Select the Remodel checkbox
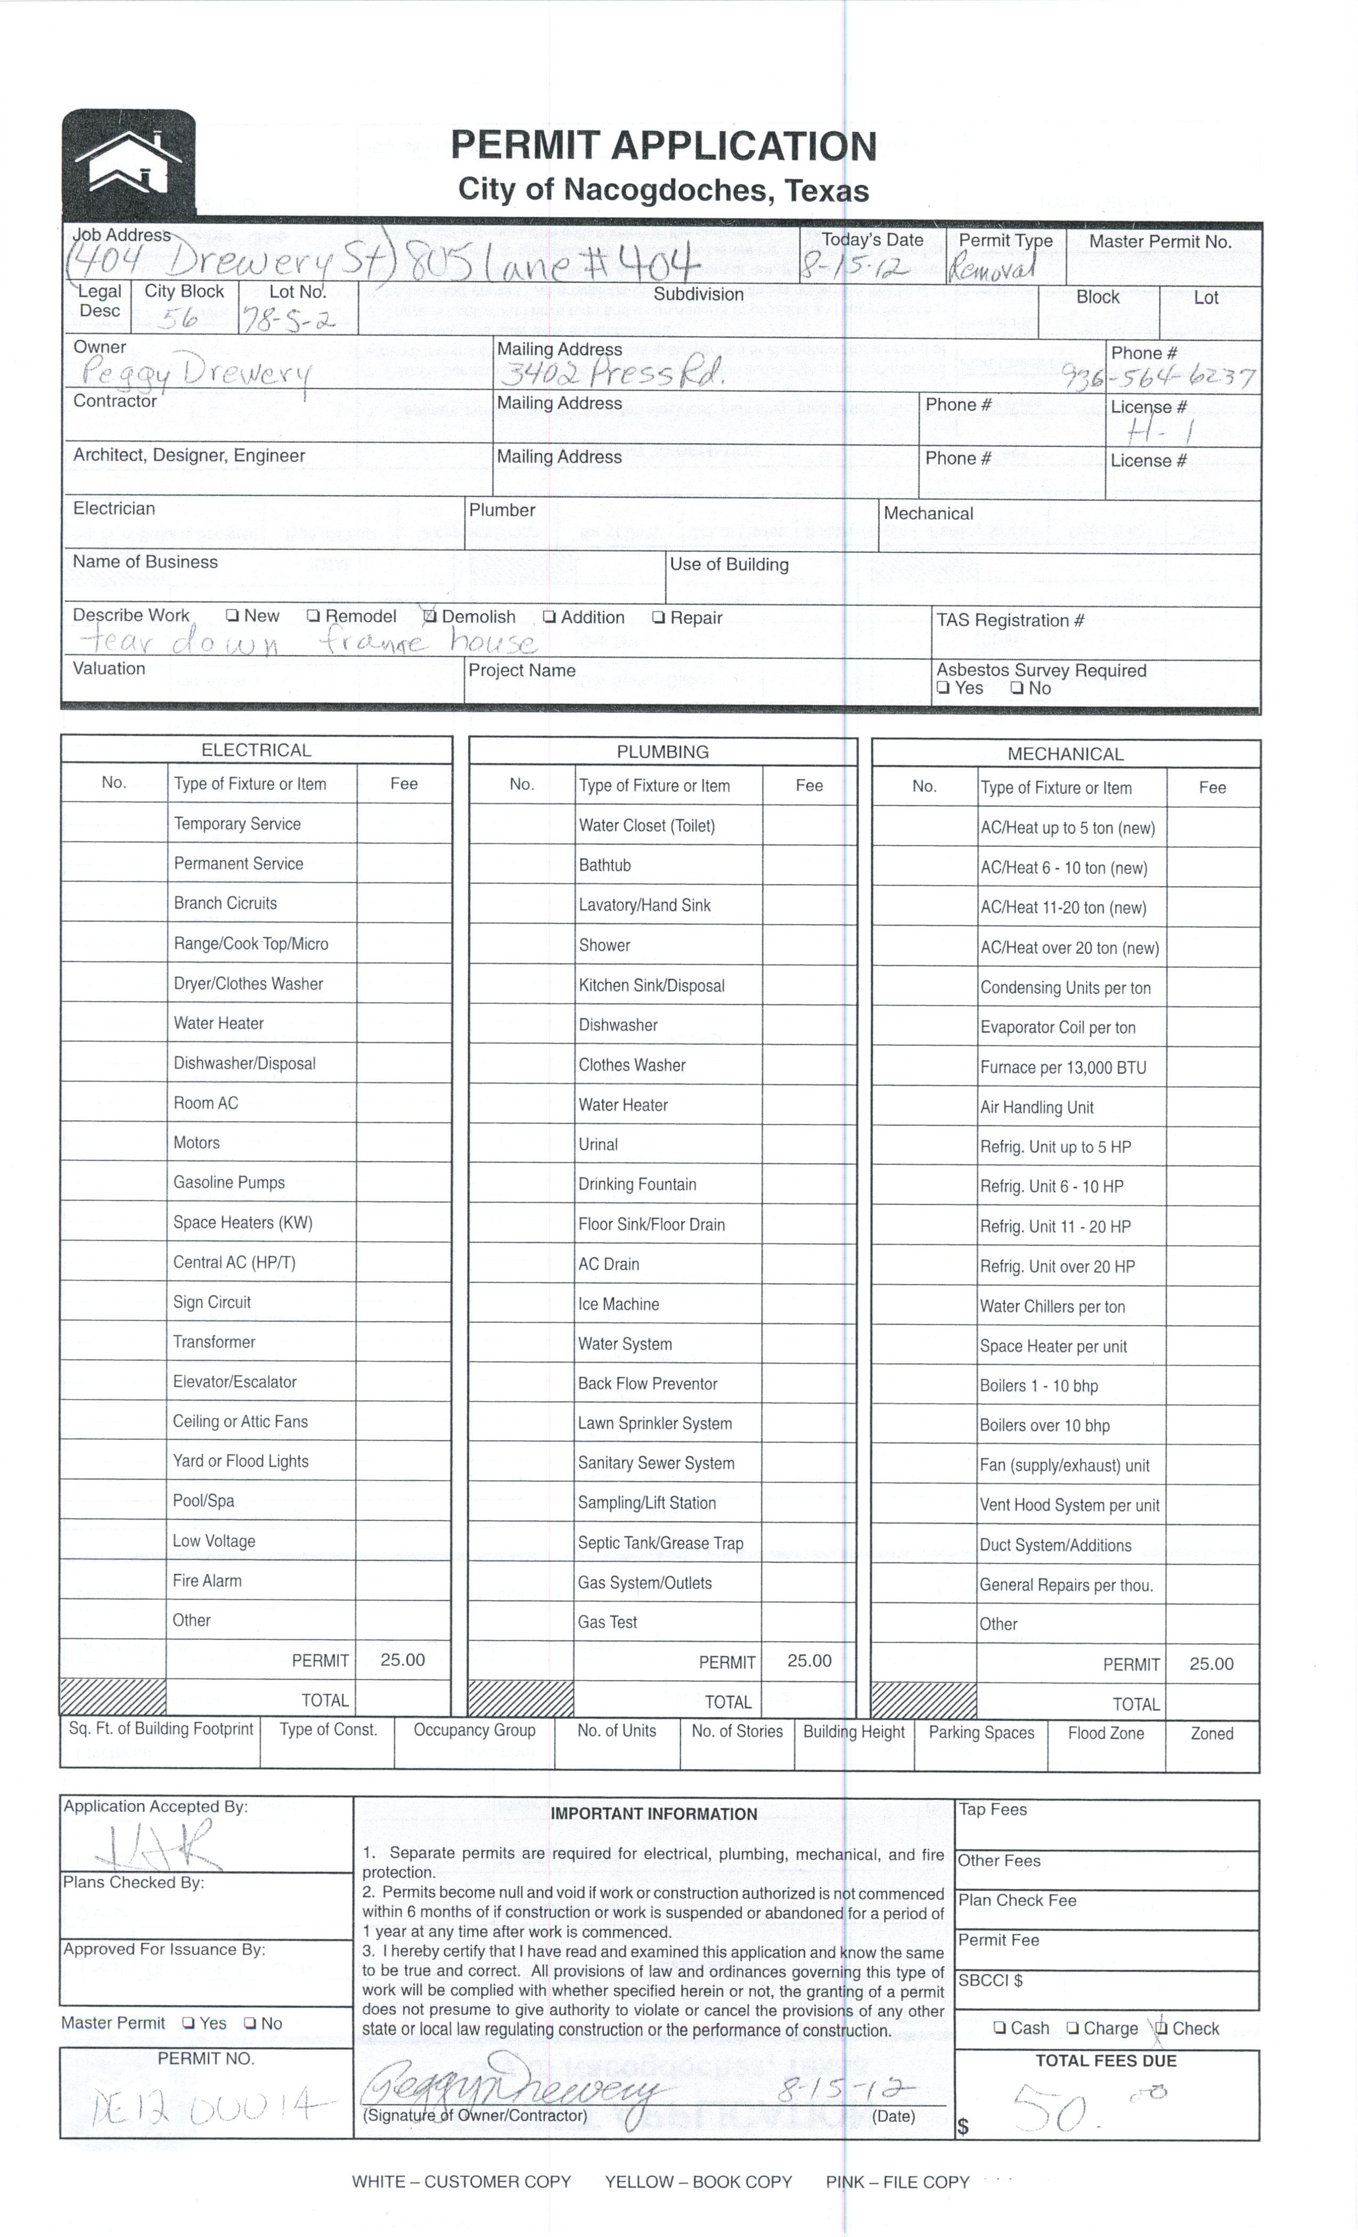click(x=313, y=616)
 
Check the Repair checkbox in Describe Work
click(x=659, y=617)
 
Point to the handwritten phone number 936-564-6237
click(x=1159, y=377)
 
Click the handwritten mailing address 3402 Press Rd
click(x=613, y=372)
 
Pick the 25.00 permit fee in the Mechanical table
click(x=1211, y=1663)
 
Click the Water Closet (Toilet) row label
click(x=647, y=825)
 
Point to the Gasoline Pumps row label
click(x=229, y=1182)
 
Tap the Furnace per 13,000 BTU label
click(x=1062, y=1068)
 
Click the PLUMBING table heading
click(x=662, y=752)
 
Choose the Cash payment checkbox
click(x=1000, y=2028)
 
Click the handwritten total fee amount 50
click(x=1053, y=2108)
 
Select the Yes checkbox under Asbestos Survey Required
click(x=943, y=688)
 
